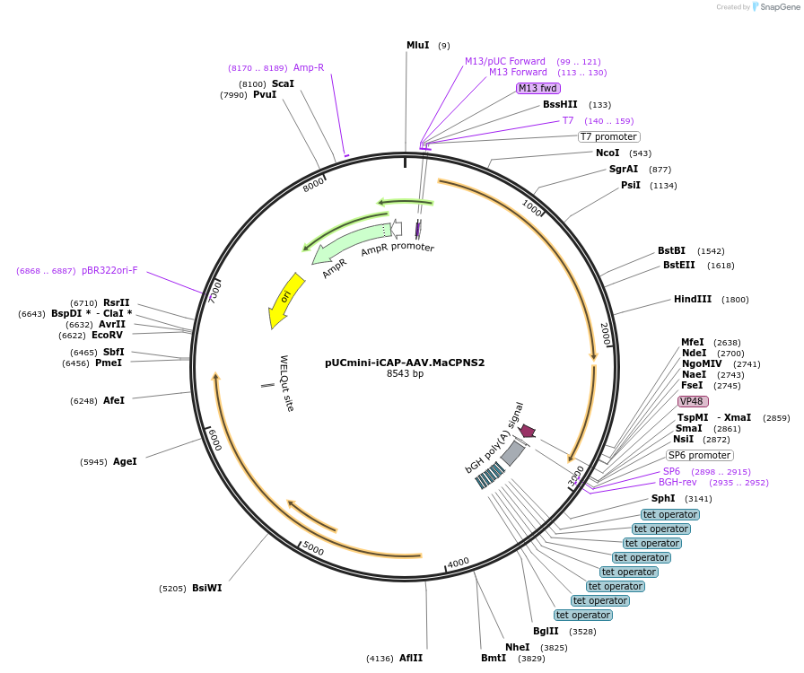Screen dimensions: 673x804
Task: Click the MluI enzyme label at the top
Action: click(x=417, y=45)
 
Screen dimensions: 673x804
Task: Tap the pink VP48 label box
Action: click(x=693, y=401)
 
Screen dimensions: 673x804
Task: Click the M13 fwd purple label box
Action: click(x=538, y=88)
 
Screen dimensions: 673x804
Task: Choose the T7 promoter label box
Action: click(x=607, y=136)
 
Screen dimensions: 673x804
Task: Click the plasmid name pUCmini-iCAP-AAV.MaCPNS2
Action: click(x=405, y=363)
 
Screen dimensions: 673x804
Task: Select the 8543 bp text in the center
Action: click(x=405, y=374)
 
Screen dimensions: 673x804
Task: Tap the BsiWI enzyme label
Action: click(x=206, y=589)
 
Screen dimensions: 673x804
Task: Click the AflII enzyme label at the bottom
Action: click(x=411, y=659)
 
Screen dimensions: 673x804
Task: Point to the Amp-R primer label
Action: click(x=308, y=67)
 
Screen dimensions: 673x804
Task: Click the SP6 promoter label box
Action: click(x=699, y=455)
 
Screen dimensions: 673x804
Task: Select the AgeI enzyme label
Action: click(x=125, y=462)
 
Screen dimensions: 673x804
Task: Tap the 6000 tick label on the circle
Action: click(x=214, y=440)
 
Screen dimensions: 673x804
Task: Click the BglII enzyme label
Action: click(x=546, y=632)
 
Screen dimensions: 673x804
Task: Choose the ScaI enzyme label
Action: click(x=283, y=83)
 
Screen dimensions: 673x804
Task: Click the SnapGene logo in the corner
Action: click(x=773, y=6)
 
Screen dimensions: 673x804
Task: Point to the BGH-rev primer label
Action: click(x=677, y=483)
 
